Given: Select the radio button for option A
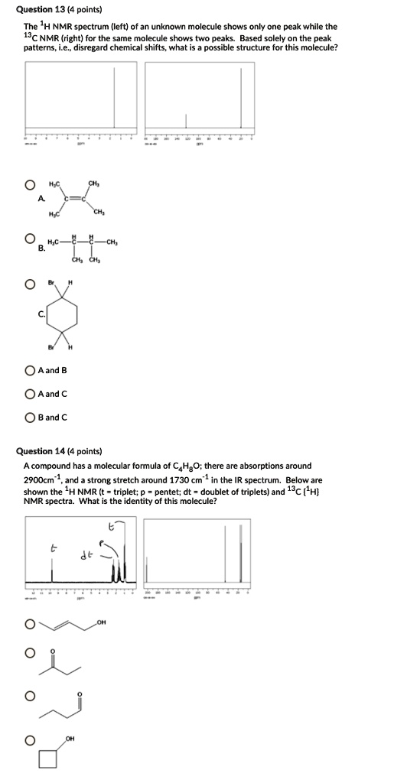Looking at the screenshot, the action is click(x=29, y=184).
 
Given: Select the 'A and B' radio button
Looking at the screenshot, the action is click(x=29, y=371).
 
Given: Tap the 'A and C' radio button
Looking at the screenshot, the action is click(x=29, y=395).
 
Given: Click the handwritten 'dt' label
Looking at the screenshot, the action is click(x=86, y=554).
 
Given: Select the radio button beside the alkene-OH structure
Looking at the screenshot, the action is click(x=29, y=625).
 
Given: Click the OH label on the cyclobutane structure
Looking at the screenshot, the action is click(x=70, y=739).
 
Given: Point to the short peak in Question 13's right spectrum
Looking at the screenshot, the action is click(x=186, y=121).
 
